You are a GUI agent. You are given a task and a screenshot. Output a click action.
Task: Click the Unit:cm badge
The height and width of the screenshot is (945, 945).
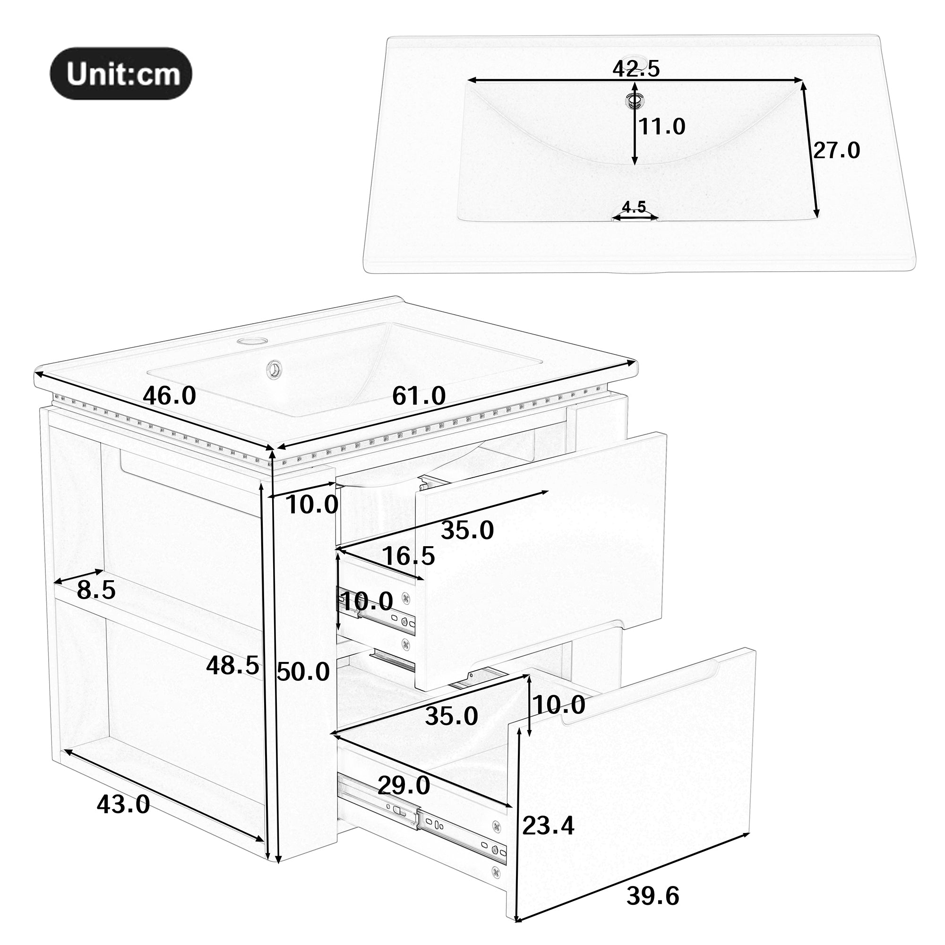point(121,74)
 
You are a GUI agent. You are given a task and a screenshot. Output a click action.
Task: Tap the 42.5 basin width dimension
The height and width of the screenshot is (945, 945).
point(636,69)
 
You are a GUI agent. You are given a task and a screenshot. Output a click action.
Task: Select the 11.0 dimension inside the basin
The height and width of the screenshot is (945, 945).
point(663,127)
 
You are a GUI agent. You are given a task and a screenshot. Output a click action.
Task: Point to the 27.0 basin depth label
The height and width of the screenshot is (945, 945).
point(836,150)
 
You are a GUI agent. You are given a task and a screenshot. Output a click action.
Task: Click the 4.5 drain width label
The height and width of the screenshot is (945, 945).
point(634,207)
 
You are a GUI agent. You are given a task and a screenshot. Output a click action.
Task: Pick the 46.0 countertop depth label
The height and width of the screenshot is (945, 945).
point(169,395)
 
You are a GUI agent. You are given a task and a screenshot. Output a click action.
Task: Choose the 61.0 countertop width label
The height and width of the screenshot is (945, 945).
point(419,395)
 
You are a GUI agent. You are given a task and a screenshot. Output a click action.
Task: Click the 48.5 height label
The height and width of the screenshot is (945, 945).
point(232,665)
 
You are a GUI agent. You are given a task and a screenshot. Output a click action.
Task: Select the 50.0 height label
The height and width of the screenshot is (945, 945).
point(303,671)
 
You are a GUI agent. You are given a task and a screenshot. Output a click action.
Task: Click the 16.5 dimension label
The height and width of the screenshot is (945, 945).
point(408,556)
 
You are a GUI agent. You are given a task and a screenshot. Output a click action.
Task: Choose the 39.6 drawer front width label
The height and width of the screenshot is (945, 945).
point(653,896)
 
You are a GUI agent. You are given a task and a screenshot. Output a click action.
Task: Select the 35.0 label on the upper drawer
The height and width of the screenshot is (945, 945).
point(467,530)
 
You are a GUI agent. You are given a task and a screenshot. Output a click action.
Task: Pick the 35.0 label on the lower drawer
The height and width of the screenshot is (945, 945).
point(451,717)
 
